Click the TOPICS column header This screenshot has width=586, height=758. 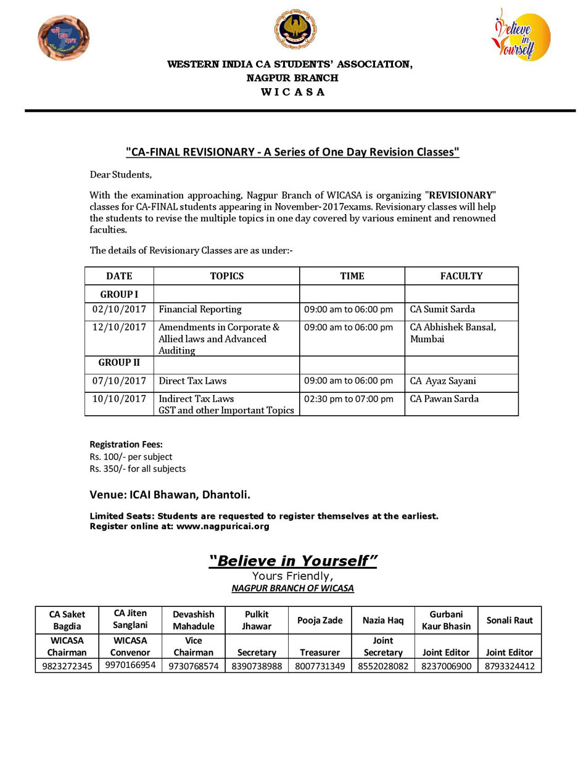click(226, 276)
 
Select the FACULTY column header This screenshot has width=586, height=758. click(461, 276)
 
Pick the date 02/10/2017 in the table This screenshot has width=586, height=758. click(119, 310)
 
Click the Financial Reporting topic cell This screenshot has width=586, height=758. click(200, 310)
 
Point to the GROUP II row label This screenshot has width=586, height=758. click(119, 363)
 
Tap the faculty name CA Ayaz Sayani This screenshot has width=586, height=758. click(443, 381)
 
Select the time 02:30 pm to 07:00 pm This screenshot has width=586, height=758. click(349, 399)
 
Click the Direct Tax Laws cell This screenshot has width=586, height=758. click(192, 381)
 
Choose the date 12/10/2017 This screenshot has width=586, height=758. click(119, 328)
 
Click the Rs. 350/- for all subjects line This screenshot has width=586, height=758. click(138, 469)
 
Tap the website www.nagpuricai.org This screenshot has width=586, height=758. click(223, 527)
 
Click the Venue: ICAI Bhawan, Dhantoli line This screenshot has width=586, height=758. click(170, 495)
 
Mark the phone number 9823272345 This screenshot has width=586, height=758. click(67, 666)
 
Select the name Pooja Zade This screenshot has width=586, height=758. click(320, 620)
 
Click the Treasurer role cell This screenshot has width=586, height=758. click(320, 653)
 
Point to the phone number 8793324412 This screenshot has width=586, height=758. click(510, 666)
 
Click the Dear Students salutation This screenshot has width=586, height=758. click(120, 175)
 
